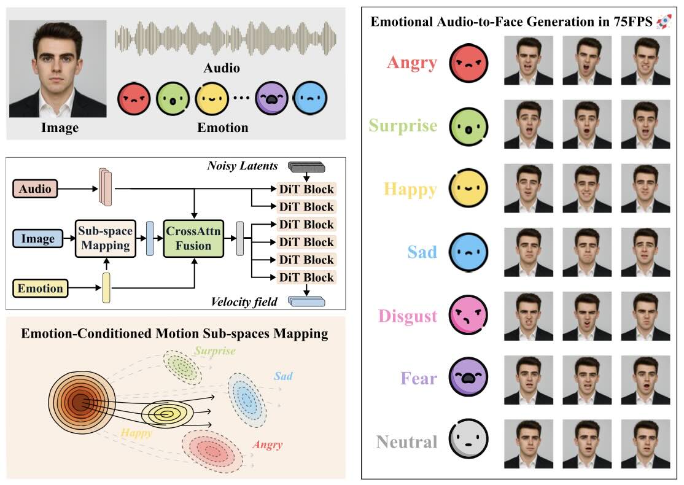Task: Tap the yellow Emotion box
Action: click(40, 288)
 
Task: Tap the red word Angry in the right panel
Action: click(412, 63)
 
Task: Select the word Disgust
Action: click(408, 316)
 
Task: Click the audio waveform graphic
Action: click(226, 38)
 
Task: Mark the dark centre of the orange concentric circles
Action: click(78, 403)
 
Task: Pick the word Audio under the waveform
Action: click(222, 68)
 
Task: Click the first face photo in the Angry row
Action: click(528, 60)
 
